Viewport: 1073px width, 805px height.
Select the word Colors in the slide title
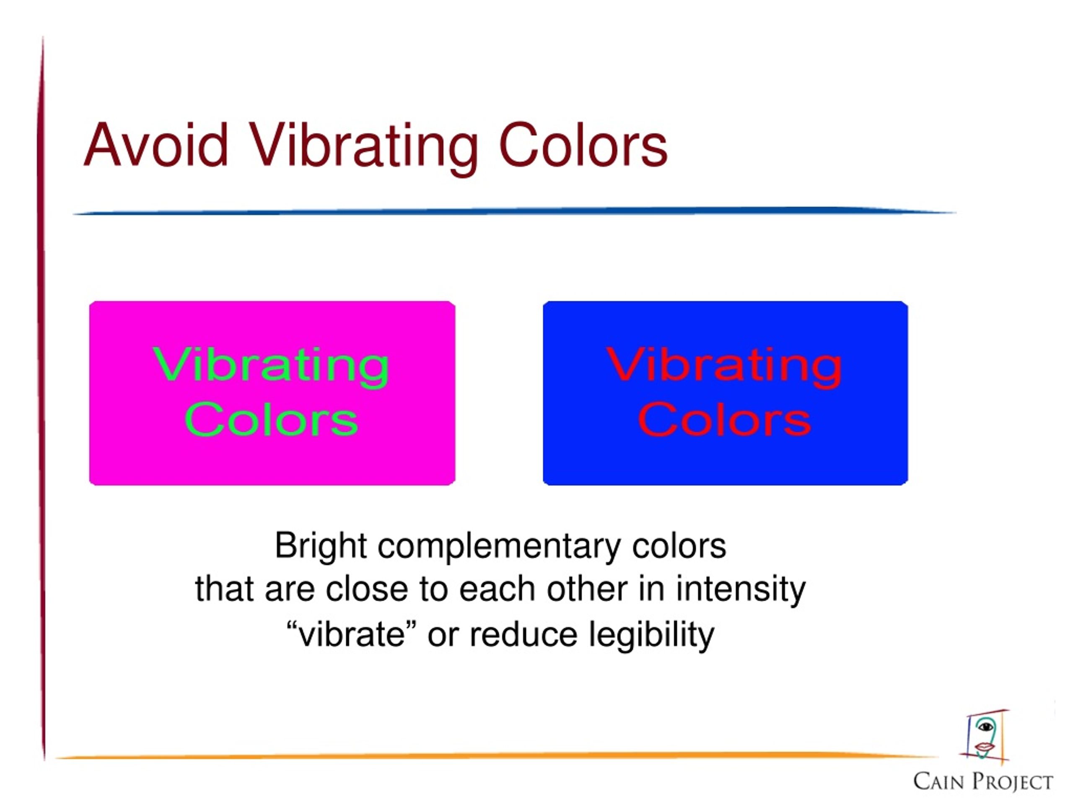(583, 145)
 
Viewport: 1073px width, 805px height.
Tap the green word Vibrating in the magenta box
(271, 367)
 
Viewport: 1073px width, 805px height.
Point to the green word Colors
(271, 419)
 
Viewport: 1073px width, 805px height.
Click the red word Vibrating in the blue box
(724, 367)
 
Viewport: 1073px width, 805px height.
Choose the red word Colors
(724, 419)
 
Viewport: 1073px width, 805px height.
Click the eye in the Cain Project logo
(986, 727)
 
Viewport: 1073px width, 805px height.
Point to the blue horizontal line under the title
(514, 212)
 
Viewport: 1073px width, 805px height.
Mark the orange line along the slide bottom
(495, 756)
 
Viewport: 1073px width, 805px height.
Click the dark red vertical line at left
(42, 398)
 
